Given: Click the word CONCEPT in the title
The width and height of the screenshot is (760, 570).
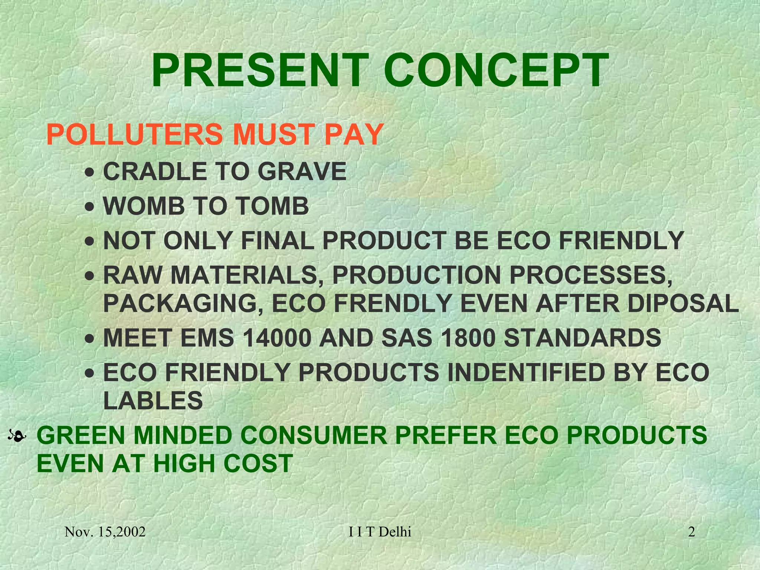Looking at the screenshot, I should (496, 71).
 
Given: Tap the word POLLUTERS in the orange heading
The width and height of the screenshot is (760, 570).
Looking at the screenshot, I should (134, 134).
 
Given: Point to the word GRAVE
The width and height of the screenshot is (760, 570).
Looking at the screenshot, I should (302, 171).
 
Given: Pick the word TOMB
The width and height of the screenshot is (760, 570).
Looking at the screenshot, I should (272, 206).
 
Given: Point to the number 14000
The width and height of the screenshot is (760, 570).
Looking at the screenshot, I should (276, 338).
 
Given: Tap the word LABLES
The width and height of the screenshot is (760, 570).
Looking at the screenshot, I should (153, 401).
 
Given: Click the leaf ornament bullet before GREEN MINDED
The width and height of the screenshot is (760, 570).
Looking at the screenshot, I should (17, 437).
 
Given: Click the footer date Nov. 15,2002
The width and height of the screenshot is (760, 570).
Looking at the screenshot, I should (105, 532).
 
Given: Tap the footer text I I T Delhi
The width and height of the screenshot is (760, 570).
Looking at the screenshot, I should (380, 532).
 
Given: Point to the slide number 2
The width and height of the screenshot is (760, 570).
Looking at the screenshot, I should (691, 532).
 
